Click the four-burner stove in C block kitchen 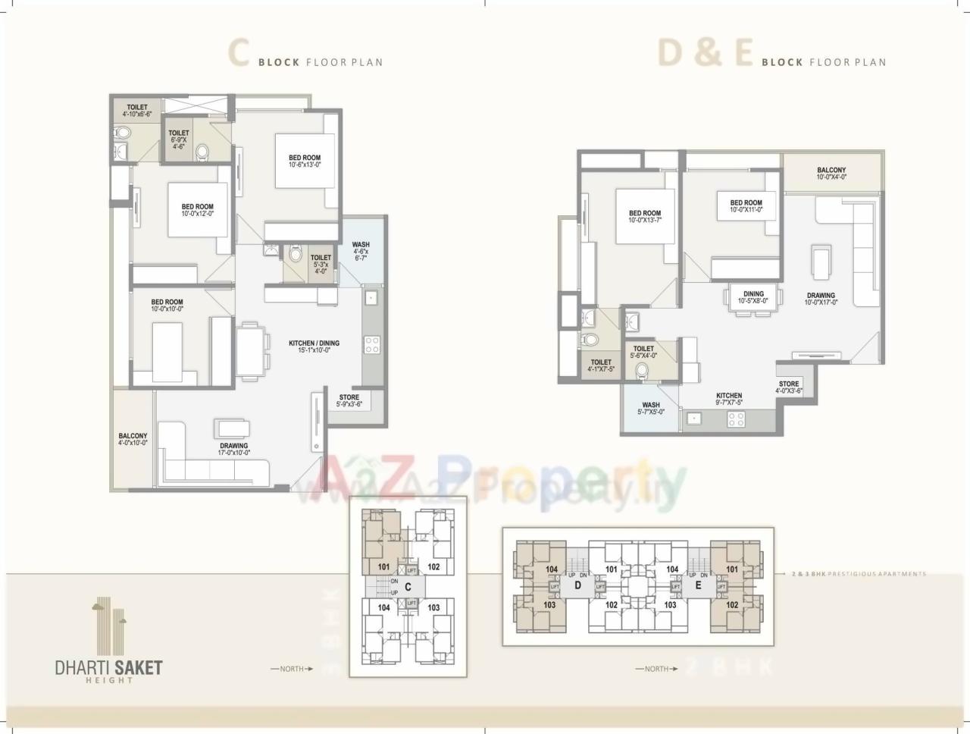coord(372,345)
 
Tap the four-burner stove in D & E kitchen coord(736,418)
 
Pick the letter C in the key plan coord(408,586)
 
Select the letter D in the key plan coord(577,585)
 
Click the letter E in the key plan coord(698,585)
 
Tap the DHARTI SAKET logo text coord(109,668)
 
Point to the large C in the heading coord(239,55)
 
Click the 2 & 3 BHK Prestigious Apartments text coord(858,574)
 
